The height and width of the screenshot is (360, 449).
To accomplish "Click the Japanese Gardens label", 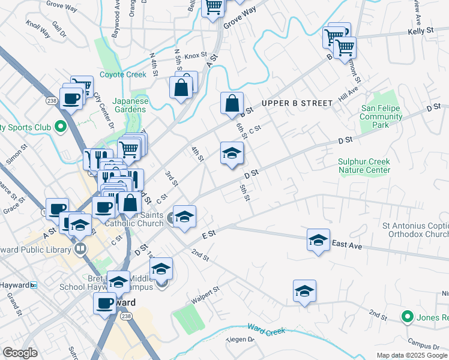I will (x=131, y=105).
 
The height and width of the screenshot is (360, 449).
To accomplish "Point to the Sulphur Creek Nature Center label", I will (x=364, y=166).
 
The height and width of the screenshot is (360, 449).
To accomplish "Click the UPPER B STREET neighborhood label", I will (x=297, y=103).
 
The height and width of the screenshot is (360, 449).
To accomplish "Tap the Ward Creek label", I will (x=264, y=329).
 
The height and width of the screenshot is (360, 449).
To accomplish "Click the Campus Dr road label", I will (x=423, y=346).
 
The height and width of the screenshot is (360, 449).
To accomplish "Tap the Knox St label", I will (x=195, y=56).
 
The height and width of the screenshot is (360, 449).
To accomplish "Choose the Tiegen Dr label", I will (x=240, y=340).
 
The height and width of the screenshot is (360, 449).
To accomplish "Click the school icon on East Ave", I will (x=318, y=240).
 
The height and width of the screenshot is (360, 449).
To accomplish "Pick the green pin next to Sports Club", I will (x=60, y=127).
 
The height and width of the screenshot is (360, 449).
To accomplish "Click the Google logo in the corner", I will (x=20, y=353).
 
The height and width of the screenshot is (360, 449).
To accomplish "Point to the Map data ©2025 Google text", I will (x=411, y=355).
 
